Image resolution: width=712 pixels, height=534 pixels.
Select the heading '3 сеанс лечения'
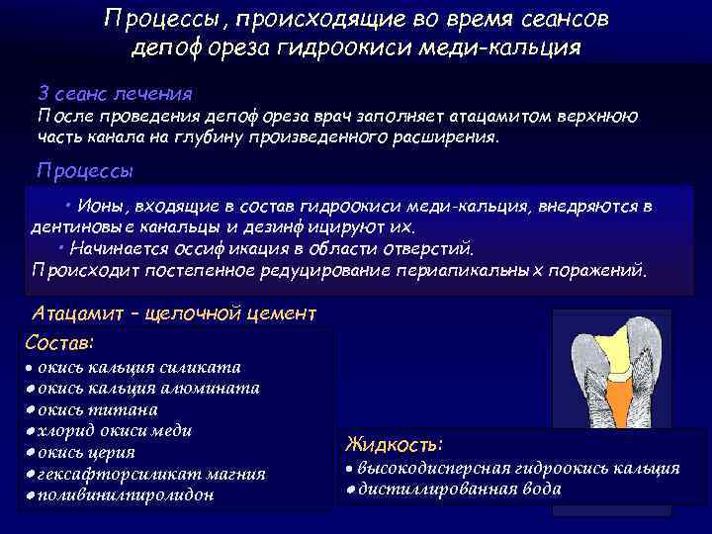tap(115, 93)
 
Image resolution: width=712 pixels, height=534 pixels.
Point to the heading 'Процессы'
tap(85, 169)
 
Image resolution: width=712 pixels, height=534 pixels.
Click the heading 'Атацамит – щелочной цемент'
tap(174, 313)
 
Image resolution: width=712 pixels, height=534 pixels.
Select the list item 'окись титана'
tap(103, 409)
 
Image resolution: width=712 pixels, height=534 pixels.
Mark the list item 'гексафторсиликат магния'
tap(150, 474)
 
